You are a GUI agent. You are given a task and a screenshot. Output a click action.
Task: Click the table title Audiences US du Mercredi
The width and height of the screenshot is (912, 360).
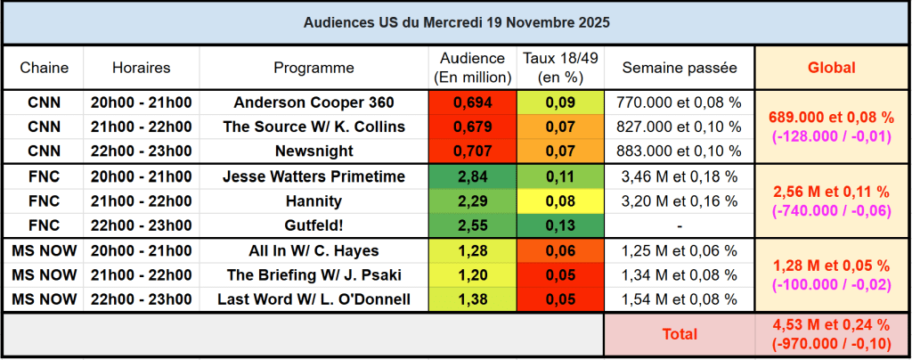456,20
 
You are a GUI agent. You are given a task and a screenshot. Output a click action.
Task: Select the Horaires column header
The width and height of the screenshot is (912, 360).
142,68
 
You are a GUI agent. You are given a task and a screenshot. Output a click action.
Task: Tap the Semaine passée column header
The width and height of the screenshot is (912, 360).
680,68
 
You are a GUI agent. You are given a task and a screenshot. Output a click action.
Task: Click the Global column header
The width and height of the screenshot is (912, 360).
831,68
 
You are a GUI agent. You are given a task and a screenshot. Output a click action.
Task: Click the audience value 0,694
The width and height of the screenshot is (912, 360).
472,102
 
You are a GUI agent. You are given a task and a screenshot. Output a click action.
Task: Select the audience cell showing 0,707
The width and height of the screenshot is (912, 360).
472,151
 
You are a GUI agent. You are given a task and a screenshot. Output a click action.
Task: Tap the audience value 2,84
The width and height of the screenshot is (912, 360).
472,176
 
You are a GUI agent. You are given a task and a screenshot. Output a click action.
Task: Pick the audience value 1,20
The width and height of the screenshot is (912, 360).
472,274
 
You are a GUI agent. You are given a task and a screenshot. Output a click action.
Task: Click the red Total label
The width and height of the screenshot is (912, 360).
680,334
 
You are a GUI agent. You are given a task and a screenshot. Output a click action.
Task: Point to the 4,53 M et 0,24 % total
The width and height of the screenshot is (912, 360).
831,326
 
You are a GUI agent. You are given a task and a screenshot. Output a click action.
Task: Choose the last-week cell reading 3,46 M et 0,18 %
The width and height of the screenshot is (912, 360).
680,176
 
